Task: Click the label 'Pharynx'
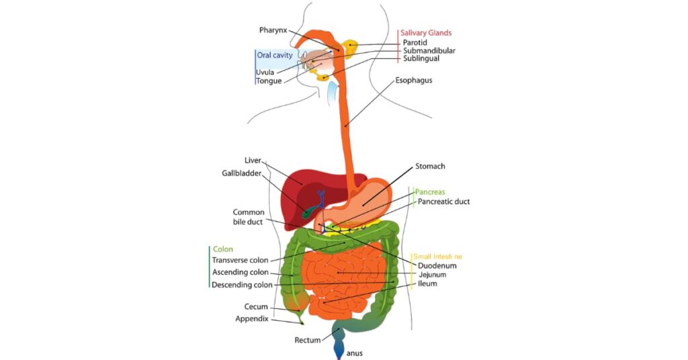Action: coord(273,30)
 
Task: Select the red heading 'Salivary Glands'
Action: coord(426,33)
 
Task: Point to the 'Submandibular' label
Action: coord(429,51)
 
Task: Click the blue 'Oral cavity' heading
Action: coord(275,55)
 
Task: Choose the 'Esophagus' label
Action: coord(413,81)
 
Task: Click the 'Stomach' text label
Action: coord(430,166)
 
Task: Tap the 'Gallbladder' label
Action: coord(241,173)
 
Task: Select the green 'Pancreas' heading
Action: coord(430,192)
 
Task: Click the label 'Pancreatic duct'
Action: coord(443,201)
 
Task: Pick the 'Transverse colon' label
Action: coord(240,260)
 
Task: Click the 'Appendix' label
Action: coord(251,318)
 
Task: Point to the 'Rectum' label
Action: coord(307,341)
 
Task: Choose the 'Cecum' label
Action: coord(256,307)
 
